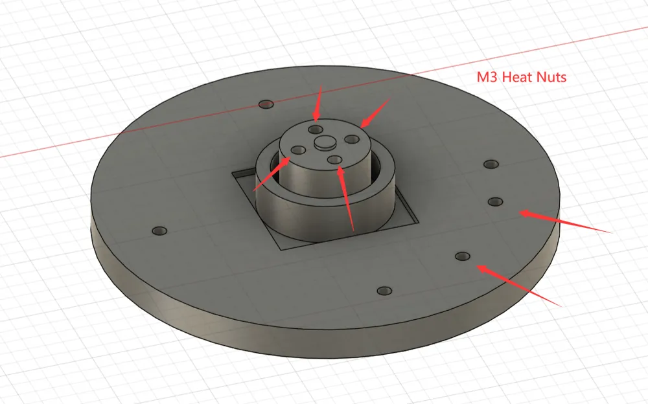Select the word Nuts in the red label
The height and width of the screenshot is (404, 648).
click(551, 77)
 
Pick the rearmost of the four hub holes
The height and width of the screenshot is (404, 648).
click(316, 129)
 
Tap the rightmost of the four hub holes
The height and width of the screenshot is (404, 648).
click(352, 139)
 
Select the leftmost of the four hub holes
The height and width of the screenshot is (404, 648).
click(298, 150)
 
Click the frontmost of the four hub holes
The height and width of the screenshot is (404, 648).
click(335, 160)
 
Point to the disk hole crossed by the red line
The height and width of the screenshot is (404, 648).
click(266, 104)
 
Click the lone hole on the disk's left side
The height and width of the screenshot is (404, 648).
click(159, 231)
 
